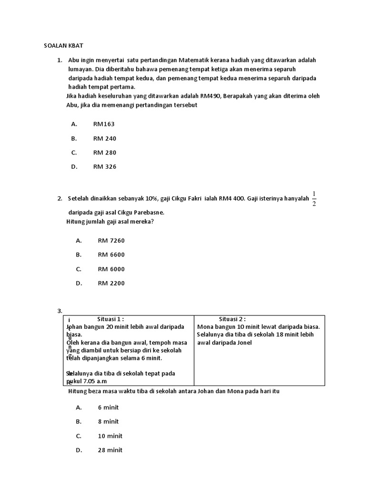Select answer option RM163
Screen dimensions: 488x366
104,124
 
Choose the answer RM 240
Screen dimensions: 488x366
105,138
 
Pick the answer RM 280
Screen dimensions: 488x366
105,152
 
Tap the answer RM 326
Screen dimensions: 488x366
105,167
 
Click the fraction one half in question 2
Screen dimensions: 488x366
314,198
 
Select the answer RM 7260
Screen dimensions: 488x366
111,241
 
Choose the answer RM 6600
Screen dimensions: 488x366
111,255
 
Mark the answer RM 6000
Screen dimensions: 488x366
111,269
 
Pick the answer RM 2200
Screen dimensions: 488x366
111,284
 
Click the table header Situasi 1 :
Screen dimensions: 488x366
111,319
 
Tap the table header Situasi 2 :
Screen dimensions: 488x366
232,319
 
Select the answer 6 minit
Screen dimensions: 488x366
108,407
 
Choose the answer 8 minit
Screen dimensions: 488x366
108,422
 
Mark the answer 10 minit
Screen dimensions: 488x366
110,436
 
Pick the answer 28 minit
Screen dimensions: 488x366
110,450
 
